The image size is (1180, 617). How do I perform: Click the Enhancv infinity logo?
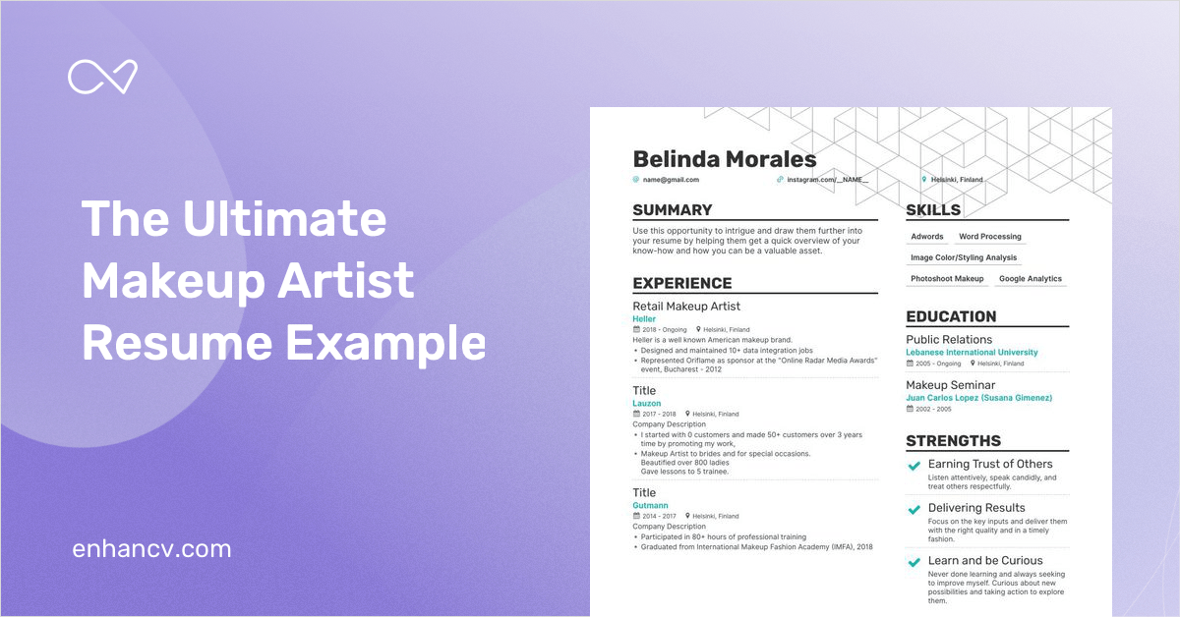(x=102, y=77)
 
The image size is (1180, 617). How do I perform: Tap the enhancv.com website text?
(x=151, y=548)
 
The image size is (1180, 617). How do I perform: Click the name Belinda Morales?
(x=724, y=159)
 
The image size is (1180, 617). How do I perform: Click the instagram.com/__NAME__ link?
(x=828, y=180)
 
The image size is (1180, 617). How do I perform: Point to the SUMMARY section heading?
(x=673, y=209)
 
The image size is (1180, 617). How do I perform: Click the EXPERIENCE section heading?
(x=681, y=283)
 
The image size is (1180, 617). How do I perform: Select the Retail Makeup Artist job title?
(x=686, y=307)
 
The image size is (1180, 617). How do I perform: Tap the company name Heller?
(x=644, y=319)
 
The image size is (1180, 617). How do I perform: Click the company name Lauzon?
(x=646, y=403)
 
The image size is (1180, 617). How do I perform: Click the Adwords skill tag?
(x=926, y=237)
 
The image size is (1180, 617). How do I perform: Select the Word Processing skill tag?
(x=990, y=237)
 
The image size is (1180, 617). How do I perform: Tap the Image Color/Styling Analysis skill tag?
(x=964, y=257)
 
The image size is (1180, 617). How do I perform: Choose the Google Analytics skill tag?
(x=1031, y=279)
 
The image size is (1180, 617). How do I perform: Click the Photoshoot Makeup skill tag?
(x=947, y=279)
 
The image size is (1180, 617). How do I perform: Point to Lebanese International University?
(x=972, y=352)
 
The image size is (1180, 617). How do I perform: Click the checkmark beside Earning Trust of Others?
(x=914, y=466)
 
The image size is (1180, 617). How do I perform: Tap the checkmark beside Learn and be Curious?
(x=914, y=563)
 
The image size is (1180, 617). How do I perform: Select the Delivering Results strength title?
(x=976, y=508)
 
